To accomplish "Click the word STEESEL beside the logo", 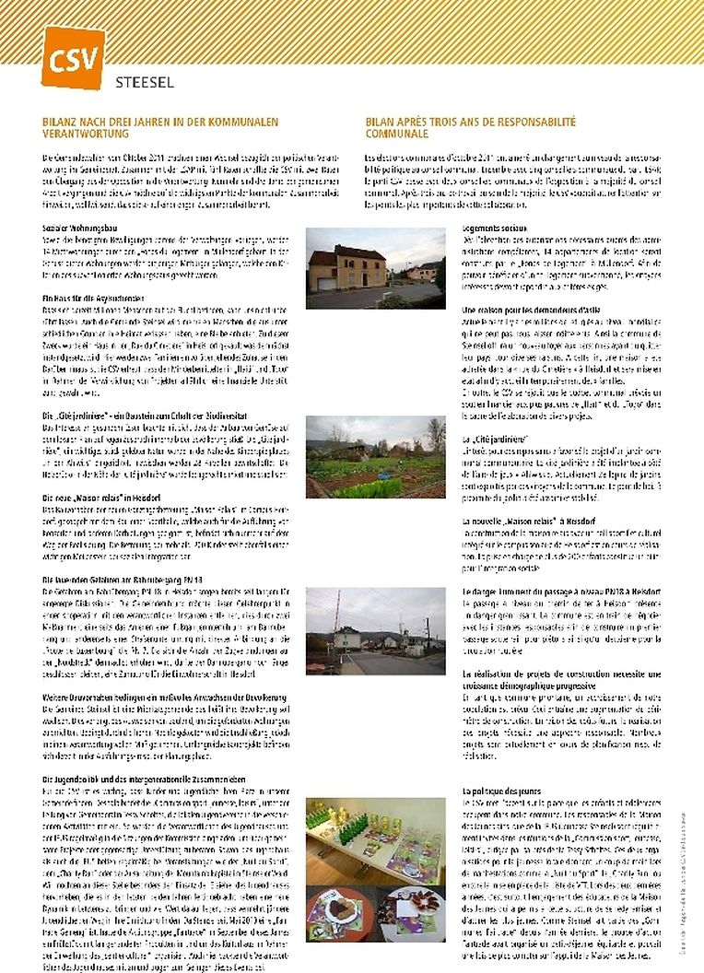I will (x=145, y=81).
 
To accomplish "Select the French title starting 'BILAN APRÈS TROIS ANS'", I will (x=470, y=126).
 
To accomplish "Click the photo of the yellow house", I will (x=375, y=268).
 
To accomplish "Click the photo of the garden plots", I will (x=375, y=457).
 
